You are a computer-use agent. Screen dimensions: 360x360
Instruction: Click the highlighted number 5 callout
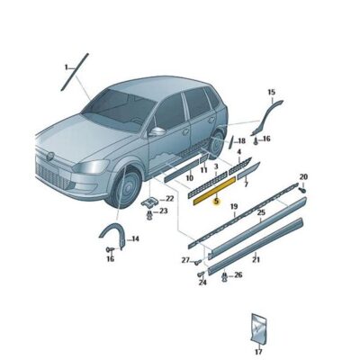tap(215, 202)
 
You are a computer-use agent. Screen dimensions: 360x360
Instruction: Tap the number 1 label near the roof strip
tap(66, 67)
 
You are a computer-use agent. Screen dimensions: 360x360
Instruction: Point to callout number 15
tap(271, 93)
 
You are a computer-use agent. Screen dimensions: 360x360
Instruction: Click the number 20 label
tap(302, 176)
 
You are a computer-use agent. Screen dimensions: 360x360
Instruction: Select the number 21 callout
tap(256, 260)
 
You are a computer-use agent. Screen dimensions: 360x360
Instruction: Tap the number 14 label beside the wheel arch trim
tap(134, 238)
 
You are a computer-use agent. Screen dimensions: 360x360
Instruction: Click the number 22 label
tap(168, 198)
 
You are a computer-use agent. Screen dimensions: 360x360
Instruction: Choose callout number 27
tap(184, 260)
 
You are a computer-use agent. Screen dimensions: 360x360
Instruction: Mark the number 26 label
tap(238, 274)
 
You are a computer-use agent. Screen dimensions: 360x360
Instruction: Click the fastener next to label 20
tap(301, 189)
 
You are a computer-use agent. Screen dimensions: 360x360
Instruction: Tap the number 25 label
tap(260, 213)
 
